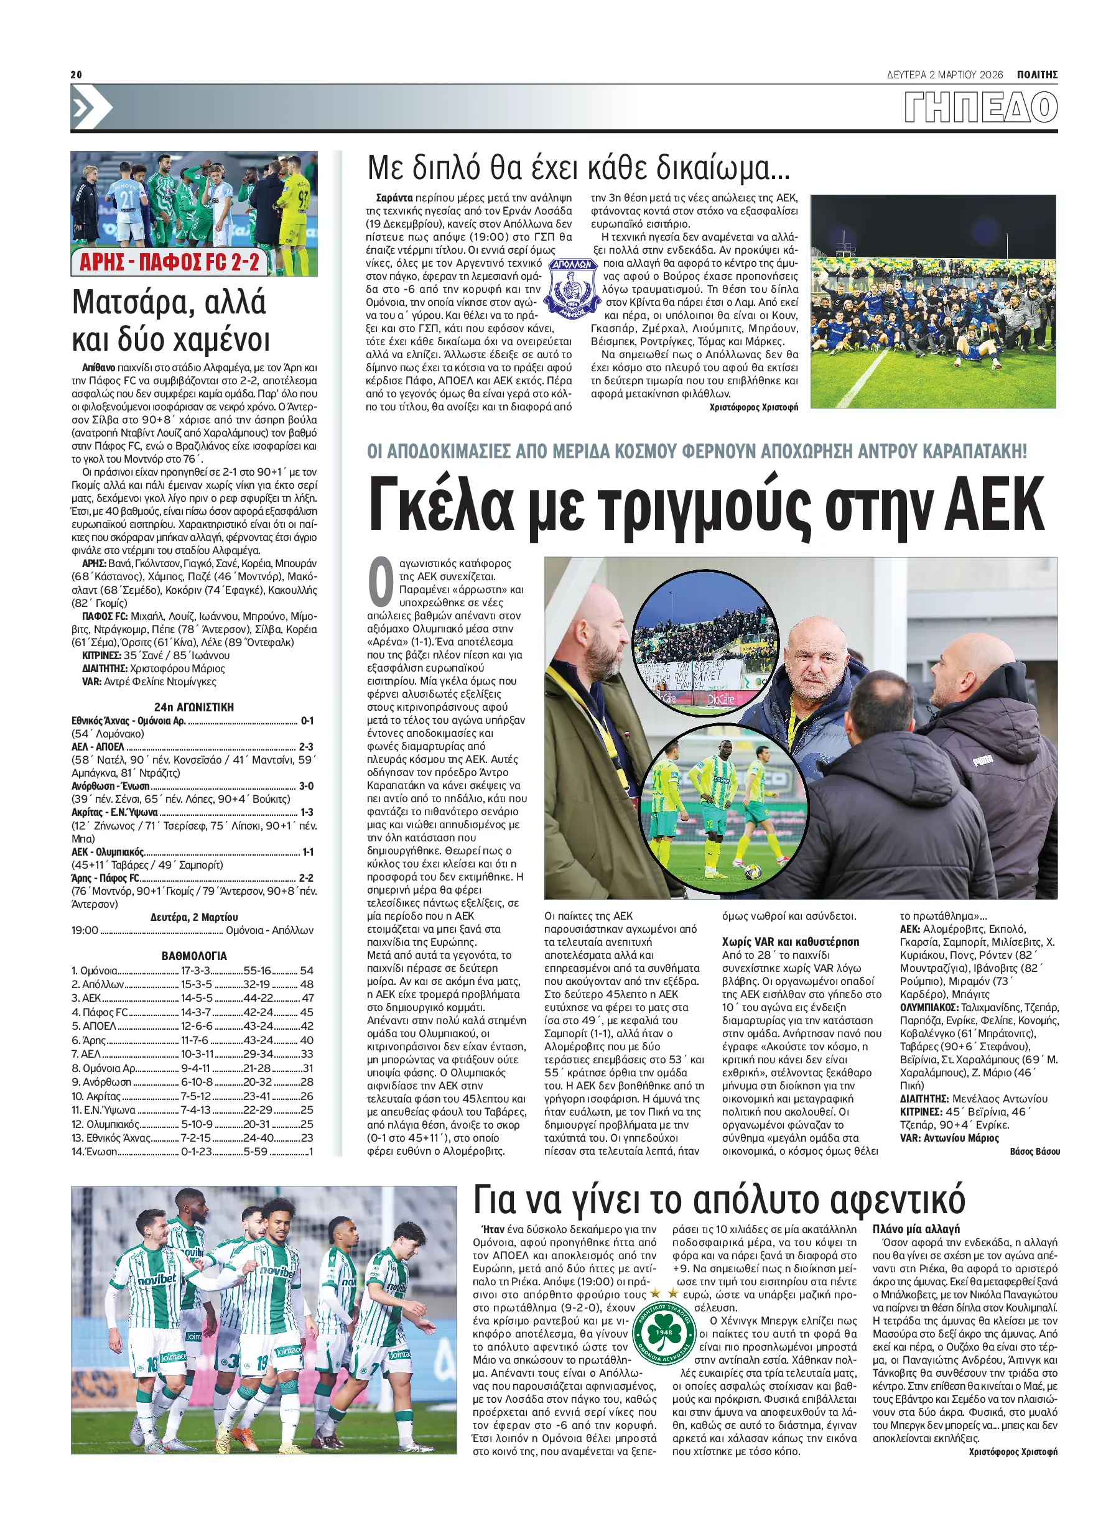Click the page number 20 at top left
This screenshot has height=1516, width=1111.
pyautogui.click(x=76, y=75)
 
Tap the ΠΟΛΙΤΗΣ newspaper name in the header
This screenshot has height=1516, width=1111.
pyautogui.click(x=1036, y=75)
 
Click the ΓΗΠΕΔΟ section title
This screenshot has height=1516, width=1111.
pyautogui.click(x=980, y=108)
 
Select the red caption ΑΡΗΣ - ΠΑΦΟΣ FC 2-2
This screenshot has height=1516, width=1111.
pyautogui.click(x=169, y=262)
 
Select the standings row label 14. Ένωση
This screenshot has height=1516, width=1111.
pyautogui.click(x=94, y=1152)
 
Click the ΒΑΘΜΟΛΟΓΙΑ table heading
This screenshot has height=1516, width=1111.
pyautogui.click(x=193, y=955)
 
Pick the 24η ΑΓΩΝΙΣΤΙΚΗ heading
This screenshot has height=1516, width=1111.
pyautogui.click(x=193, y=706)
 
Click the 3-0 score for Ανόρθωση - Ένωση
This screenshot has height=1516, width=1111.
pyautogui.click(x=306, y=786)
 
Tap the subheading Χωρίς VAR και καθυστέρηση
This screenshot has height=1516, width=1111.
pyautogui.click(x=790, y=942)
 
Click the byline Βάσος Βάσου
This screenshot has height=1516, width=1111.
pyautogui.click(x=1034, y=1152)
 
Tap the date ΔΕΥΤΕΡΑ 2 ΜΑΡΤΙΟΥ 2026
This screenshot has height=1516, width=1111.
pyautogui.click(x=945, y=75)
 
